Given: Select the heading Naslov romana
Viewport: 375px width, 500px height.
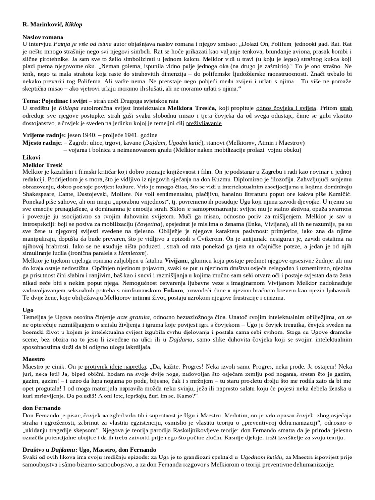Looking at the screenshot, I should pyautogui.click(x=43, y=37).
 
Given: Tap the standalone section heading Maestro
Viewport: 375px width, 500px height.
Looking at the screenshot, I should pyautogui.click(x=34, y=359).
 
